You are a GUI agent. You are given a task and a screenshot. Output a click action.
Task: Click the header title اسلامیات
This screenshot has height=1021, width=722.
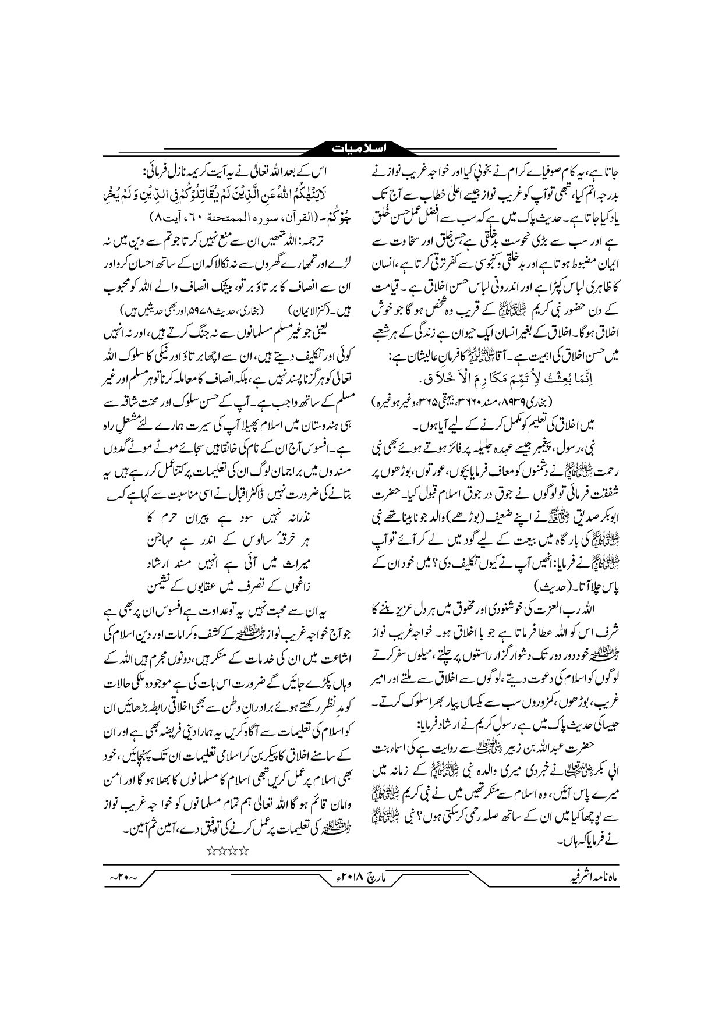point(360,148)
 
